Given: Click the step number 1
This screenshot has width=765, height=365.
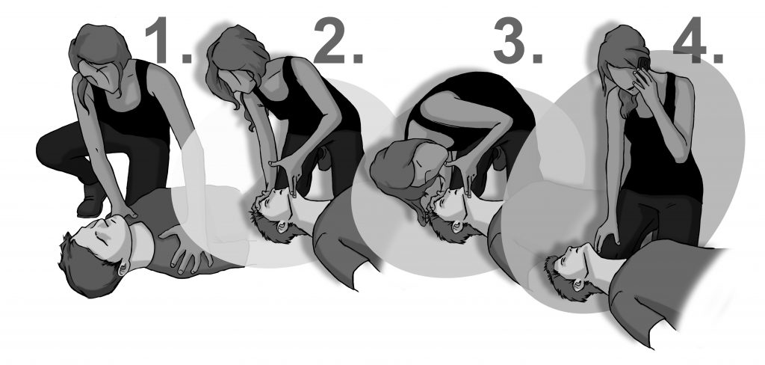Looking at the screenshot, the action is click(167, 40).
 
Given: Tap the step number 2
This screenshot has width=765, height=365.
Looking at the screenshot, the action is click(338, 40).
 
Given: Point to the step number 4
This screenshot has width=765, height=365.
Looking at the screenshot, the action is click(698, 40).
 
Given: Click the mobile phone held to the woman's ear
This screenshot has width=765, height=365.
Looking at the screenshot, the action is click(643, 64).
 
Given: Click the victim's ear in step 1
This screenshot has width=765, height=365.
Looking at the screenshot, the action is click(122, 267).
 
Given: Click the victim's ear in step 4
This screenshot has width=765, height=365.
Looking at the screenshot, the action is click(577, 283).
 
